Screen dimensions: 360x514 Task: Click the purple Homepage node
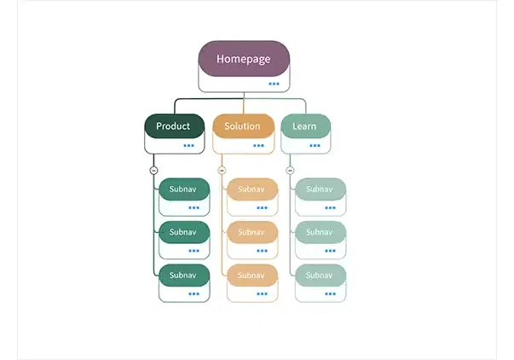click(x=244, y=59)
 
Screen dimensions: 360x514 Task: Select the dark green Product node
click(x=174, y=126)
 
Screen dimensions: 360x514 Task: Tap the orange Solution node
click(x=243, y=126)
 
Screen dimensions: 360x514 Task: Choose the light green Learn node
click(x=305, y=126)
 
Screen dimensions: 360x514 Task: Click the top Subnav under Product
click(x=183, y=189)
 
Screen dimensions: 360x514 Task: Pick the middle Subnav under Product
click(x=183, y=232)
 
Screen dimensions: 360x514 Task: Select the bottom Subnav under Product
click(x=183, y=275)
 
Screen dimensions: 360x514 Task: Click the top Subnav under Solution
click(x=251, y=189)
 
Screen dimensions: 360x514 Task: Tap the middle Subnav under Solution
click(x=251, y=232)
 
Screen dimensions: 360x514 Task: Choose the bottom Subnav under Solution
click(x=251, y=275)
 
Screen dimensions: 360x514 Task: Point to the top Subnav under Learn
click(x=320, y=189)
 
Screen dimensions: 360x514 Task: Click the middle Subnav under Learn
click(x=320, y=232)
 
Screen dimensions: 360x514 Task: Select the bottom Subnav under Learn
click(x=320, y=275)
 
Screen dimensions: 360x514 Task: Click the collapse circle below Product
click(x=153, y=171)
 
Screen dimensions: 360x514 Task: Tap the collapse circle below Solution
click(x=222, y=171)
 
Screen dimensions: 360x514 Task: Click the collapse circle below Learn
click(x=290, y=171)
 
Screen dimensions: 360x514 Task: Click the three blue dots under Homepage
click(x=274, y=84)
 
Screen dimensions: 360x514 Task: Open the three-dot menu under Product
click(x=188, y=146)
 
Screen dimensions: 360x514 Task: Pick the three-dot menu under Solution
click(x=258, y=146)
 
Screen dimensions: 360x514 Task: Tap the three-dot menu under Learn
click(x=315, y=146)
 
